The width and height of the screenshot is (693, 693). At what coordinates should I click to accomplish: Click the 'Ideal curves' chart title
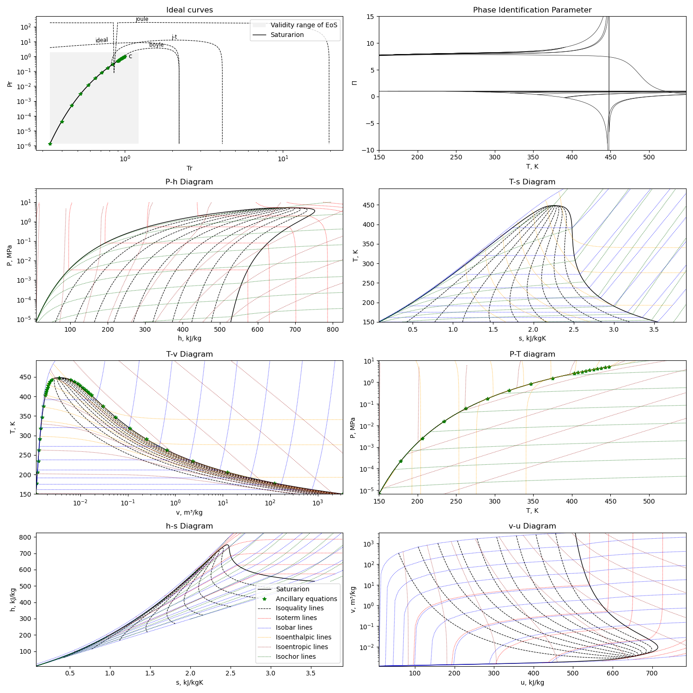coord(189,10)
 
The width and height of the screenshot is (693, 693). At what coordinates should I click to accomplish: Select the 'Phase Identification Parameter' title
coord(532,10)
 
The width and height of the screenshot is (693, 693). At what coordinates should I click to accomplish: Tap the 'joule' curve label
coord(142,19)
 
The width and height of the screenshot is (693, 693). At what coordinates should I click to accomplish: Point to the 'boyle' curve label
coord(157,45)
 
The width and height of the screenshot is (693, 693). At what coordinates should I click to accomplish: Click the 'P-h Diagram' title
coord(189,182)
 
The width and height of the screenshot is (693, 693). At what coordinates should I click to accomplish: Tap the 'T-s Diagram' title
coord(532,182)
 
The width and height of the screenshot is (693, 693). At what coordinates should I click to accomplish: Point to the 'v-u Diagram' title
coord(532,526)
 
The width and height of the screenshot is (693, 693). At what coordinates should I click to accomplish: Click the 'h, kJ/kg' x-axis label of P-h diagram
coord(189,338)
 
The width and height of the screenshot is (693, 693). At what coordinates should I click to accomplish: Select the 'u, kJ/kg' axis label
coord(532,682)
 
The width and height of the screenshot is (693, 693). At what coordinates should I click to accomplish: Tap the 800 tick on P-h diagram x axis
coord(333,330)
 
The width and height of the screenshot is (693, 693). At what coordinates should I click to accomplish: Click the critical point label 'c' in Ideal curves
coord(130,56)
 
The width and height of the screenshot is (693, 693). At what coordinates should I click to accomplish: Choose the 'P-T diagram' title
coord(532,354)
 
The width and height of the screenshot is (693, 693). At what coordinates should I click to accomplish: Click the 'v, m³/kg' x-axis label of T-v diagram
coord(189,512)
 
